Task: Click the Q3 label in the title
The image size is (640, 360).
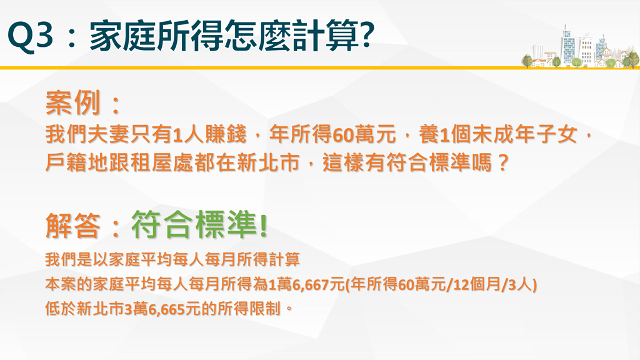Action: tap(30, 36)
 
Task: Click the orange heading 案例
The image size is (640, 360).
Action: tap(72, 102)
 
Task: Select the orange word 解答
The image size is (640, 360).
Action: tap(72, 225)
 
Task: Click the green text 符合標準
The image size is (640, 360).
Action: tap(194, 224)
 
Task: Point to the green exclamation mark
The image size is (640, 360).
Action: tap(263, 225)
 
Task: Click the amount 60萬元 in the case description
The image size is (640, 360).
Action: tap(364, 135)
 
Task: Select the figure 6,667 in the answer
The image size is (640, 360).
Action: tap(311, 284)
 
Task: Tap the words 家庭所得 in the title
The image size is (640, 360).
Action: tap(156, 36)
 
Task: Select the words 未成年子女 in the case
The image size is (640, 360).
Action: tap(524, 135)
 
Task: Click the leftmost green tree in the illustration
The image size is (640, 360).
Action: tap(527, 61)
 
